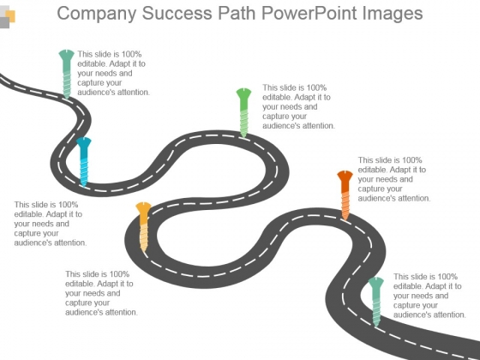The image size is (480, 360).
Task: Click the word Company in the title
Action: (x=96, y=14)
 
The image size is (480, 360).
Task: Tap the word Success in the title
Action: (x=177, y=13)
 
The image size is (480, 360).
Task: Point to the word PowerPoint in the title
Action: (x=309, y=13)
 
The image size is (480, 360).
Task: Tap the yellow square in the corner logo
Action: (x=10, y=15)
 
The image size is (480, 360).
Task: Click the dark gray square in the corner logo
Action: (x=4, y=22)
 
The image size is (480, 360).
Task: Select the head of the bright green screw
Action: (x=243, y=93)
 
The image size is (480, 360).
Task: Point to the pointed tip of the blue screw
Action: (x=84, y=184)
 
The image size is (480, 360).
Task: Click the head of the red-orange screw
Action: (x=345, y=176)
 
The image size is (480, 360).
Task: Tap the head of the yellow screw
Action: (x=143, y=207)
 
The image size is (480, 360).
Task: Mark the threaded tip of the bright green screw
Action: (x=243, y=136)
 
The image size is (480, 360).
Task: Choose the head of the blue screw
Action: (x=84, y=142)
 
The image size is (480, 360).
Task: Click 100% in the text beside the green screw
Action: (x=317, y=87)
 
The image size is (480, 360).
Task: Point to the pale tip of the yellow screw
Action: (x=143, y=249)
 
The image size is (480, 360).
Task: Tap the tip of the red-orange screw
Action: (x=345, y=219)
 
